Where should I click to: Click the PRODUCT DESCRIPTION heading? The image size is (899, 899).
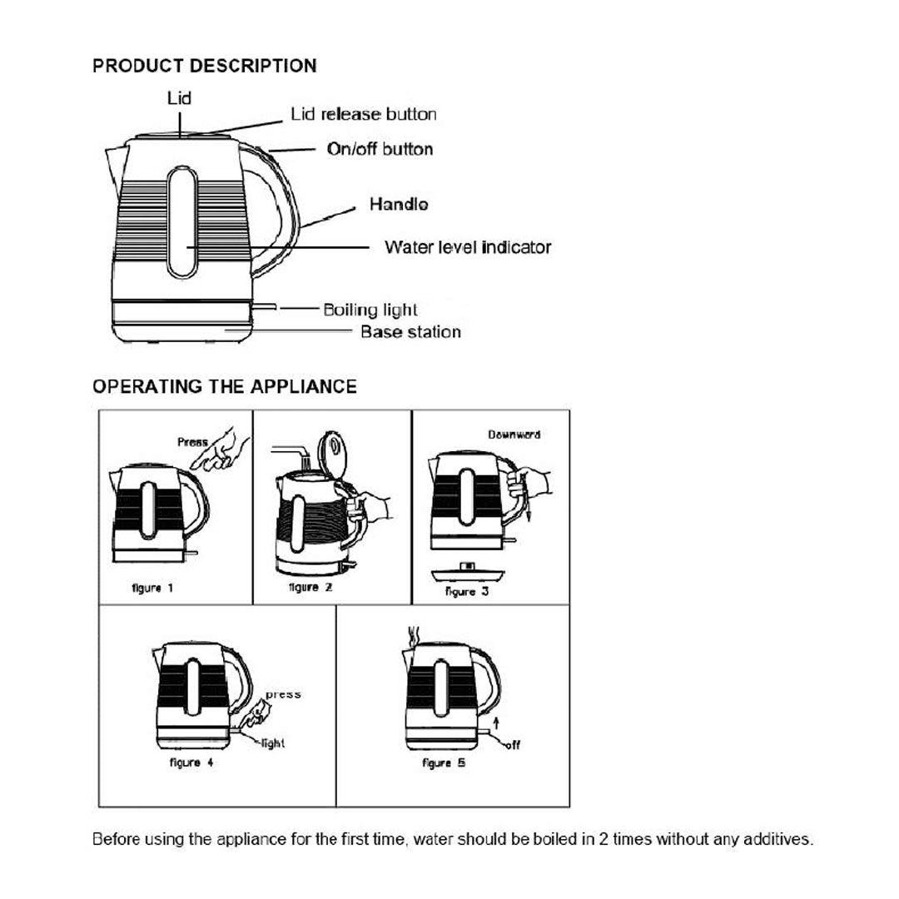point(204,66)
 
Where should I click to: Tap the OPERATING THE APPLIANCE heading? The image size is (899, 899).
point(224,386)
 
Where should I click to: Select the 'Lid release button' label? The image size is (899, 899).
point(363,114)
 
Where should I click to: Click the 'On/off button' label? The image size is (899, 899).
point(380,150)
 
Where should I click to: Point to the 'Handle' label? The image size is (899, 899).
point(399,204)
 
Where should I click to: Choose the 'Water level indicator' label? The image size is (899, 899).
point(467,247)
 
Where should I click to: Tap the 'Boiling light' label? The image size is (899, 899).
point(370,310)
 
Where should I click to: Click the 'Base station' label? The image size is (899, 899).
point(410,332)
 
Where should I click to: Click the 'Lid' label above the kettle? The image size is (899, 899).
point(179,98)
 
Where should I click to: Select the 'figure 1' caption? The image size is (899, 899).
point(152,588)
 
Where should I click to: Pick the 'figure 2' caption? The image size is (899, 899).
point(310,588)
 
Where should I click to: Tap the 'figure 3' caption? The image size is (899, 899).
point(467,591)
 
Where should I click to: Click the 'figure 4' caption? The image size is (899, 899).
point(191,762)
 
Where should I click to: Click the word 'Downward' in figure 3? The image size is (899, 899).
point(514,435)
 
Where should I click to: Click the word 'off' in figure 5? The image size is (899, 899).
point(514,745)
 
